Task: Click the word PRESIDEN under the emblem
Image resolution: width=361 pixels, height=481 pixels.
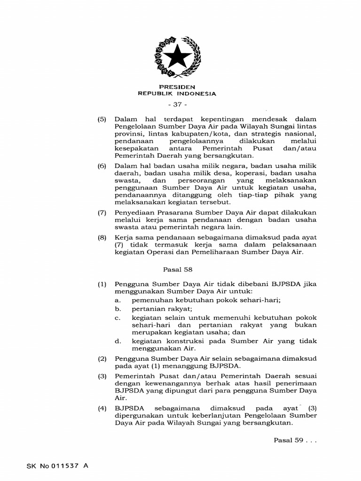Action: click(177, 87)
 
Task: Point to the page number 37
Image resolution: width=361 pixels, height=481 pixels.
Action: click(177, 104)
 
